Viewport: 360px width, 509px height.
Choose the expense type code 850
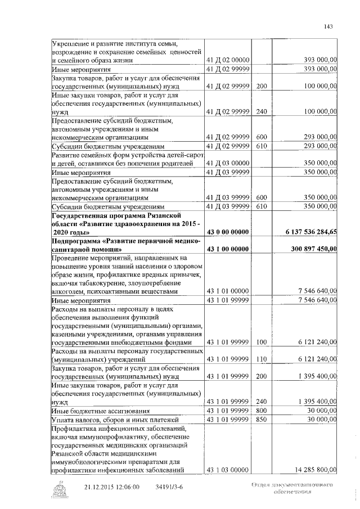pyautogui.click(x=261, y=419)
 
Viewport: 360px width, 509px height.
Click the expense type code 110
pyautogui.click(x=261, y=359)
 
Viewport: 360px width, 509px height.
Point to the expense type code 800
pyautogui.click(x=261, y=411)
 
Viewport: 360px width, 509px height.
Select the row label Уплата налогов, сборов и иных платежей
pyautogui.click(x=115, y=419)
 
